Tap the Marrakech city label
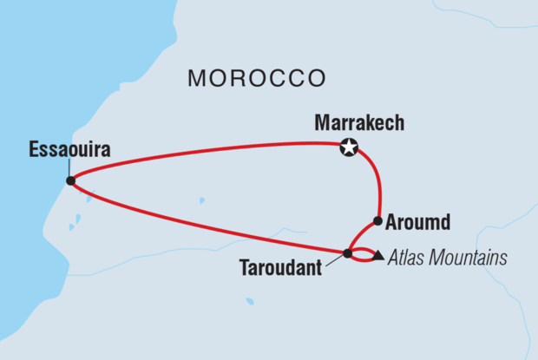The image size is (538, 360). [x=358, y=125]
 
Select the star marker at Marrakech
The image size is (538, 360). [x=348, y=148]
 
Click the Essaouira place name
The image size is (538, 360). [x=69, y=151]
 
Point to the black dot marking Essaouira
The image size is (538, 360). [x=70, y=181]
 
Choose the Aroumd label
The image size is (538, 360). [x=419, y=223]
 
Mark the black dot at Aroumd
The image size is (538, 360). [x=377, y=220]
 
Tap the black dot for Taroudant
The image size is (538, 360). [x=347, y=254]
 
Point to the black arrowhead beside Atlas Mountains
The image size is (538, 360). [x=378, y=257]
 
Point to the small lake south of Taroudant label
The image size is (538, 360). [x=250, y=302]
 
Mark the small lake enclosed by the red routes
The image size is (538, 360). [x=201, y=200]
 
